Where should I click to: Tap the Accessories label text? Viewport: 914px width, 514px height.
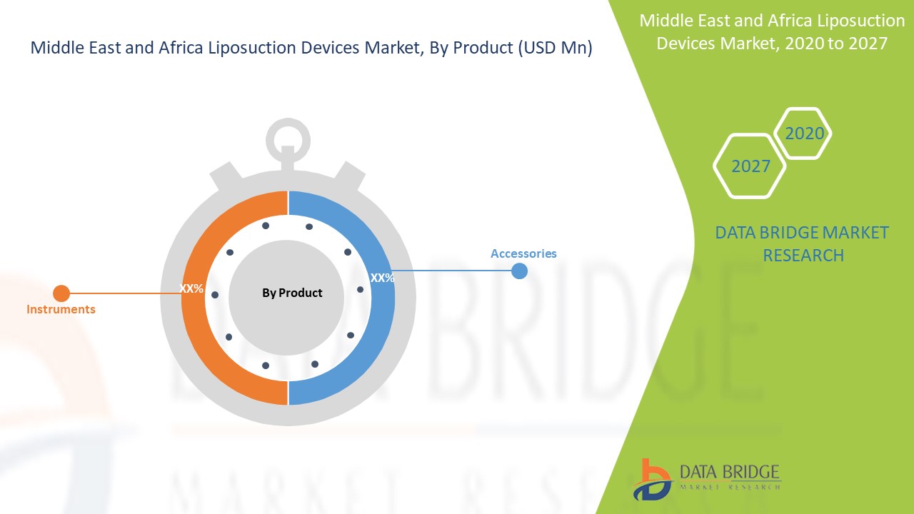click(x=523, y=253)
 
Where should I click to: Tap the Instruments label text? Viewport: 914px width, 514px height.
click(x=61, y=309)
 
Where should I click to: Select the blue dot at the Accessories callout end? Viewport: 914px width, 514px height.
click(x=519, y=271)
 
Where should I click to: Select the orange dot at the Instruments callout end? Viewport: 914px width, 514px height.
click(x=61, y=293)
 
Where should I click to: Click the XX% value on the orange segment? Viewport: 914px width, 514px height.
click(x=191, y=288)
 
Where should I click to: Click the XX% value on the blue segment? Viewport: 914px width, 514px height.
click(x=382, y=278)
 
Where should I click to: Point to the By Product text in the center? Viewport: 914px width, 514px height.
click(x=292, y=293)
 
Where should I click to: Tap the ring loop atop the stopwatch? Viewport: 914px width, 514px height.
click(x=288, y=124)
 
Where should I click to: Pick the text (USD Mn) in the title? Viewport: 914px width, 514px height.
click(x=556, y=48)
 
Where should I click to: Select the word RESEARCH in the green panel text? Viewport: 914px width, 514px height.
click(x=803, y=256)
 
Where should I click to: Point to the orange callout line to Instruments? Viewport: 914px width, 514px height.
click(x=125, y=293)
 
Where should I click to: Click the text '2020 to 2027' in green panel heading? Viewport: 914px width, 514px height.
click(x=836, y=44)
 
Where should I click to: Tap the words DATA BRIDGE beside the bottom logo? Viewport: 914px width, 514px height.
click(x=730, y=472)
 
